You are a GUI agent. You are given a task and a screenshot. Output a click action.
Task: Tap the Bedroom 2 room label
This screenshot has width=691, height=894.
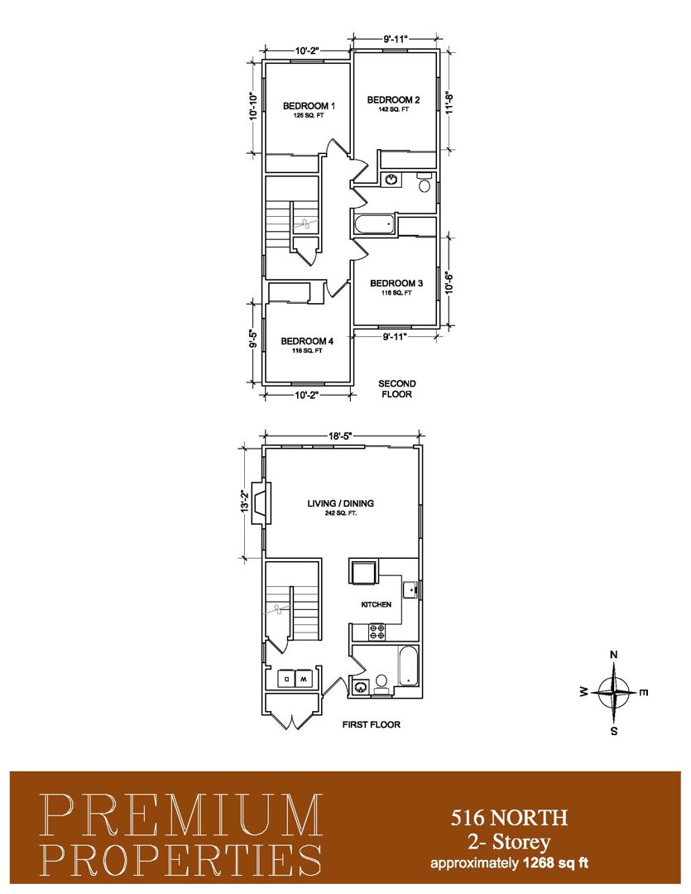(x=393, y=100)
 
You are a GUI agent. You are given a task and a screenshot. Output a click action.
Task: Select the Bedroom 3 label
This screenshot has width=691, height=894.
(x=396, y=283)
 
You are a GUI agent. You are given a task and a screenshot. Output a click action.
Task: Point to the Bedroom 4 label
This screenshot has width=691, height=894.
(x=307, y=342)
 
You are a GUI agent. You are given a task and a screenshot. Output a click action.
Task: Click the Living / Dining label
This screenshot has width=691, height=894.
(x=340, y=503)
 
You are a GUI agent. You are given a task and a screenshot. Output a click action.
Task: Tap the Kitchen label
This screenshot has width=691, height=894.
(x=377, y=604)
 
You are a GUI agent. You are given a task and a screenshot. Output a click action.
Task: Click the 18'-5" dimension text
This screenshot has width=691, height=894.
(x=342, y=436)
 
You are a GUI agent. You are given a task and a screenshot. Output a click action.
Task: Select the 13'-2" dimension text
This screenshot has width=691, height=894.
(x=243, y=502)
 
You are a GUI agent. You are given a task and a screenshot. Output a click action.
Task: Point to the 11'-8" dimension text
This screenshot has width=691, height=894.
(x=449, y=103)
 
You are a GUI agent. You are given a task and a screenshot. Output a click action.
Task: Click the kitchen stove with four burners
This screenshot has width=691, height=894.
(x=377, y=632)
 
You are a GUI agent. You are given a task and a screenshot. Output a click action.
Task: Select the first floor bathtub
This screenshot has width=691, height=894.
(x=408, y=666)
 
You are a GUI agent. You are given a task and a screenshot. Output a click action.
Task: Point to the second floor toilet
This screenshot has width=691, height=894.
(x=425, y=183)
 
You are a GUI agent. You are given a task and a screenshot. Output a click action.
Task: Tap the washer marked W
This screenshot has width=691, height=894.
(x=304, y=679)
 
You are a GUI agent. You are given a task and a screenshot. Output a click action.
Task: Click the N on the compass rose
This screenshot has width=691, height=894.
(x=613, y=655)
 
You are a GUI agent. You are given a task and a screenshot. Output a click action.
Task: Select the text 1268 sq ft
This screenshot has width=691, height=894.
(x=555, y=862)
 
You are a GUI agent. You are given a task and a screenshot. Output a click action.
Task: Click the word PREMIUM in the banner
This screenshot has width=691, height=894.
(x=182, y=816)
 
